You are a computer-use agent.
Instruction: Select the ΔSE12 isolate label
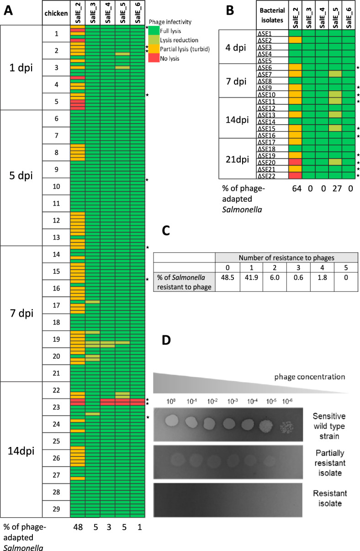click(272, 108)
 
